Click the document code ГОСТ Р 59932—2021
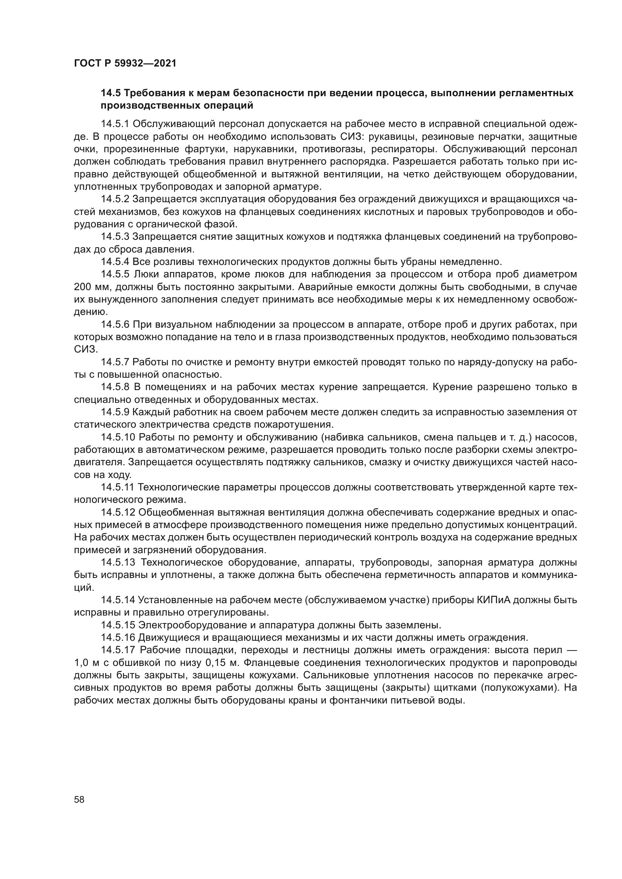[125, 64]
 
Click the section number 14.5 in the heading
[111, 93]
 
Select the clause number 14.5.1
[115, 124]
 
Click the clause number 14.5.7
[115, 362]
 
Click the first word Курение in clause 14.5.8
[452, 387]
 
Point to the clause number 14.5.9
[115, 412]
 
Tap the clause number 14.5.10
[118, 437]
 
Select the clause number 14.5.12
[118, 513]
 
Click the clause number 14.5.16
[118, 638]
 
